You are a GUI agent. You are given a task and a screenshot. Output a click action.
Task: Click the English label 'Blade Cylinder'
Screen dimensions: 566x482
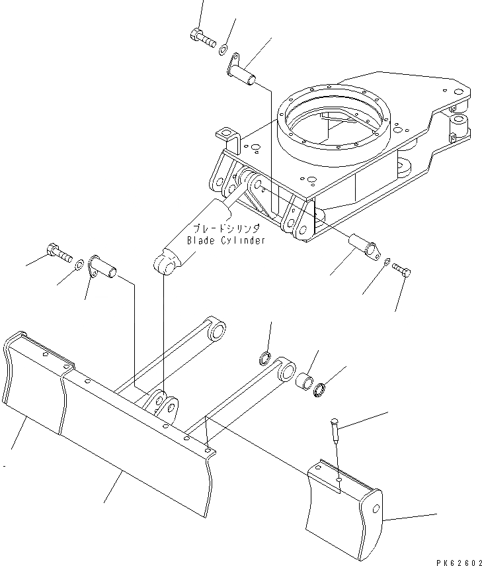pos(226,240)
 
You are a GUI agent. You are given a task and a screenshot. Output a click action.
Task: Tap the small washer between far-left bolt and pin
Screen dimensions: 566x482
pos(79,265)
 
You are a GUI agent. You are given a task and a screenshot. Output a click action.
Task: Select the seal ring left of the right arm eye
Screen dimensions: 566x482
pos(264,359)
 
